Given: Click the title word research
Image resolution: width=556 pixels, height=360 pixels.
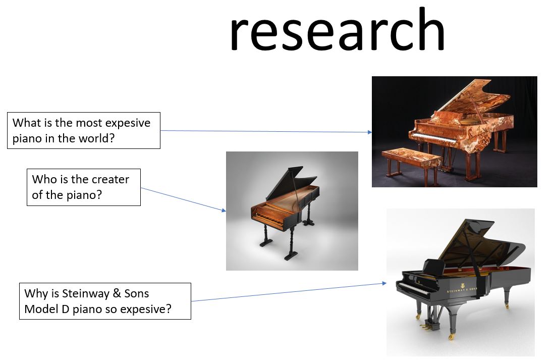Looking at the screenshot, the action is point(337,30).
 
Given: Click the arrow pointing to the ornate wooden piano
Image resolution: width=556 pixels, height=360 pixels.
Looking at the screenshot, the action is point(266,131).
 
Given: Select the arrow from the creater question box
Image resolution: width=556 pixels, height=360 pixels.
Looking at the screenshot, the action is point(183,199).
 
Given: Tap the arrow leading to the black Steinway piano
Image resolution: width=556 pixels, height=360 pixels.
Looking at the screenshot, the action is point(289,292).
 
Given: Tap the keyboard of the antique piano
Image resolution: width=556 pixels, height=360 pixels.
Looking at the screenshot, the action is point(269,220).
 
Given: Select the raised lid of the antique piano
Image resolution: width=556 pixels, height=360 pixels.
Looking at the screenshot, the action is point(289,183).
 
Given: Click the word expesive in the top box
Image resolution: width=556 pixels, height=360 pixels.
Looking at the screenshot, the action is point(128,123).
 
